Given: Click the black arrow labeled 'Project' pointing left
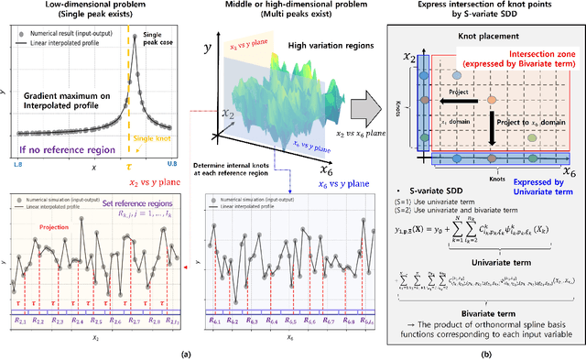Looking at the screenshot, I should [437, 94].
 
